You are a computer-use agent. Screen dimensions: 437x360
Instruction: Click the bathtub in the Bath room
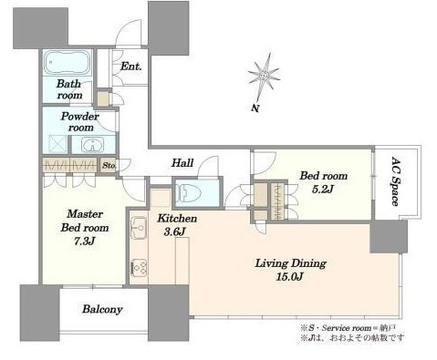pos(67,63)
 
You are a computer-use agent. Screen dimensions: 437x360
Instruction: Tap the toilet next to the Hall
pos(191,193)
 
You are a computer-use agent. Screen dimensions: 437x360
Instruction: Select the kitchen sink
pos(139,228)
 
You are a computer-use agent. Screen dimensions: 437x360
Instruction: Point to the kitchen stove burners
pos(139,267)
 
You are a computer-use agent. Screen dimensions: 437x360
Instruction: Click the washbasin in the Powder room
pos(92,145)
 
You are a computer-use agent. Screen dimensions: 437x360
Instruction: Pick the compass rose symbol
pos(264,76)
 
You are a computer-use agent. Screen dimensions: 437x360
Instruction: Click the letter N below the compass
pos(255,108)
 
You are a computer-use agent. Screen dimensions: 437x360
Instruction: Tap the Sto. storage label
pos(109,166)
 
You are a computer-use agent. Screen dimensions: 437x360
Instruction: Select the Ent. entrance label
pos(131,67)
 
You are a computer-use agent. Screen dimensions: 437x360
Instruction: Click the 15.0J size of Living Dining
pos(290,277)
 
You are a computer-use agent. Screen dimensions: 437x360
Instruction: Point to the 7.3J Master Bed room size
pos(85,242)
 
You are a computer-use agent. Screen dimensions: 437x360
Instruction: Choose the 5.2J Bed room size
pos(323,189)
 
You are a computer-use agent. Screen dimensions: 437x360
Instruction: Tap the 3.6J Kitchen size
pos(175,231)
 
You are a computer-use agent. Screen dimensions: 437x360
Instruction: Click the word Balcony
pos(102,309)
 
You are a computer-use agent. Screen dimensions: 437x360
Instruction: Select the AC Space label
pos(396,181)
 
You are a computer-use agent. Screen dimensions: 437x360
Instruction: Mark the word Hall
pos(182,163)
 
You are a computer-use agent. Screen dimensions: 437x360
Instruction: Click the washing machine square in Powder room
pos(57,144)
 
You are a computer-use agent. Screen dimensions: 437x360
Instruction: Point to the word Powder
pos(79,116)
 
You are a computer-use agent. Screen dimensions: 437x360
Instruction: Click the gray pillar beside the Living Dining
pos(389,237)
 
